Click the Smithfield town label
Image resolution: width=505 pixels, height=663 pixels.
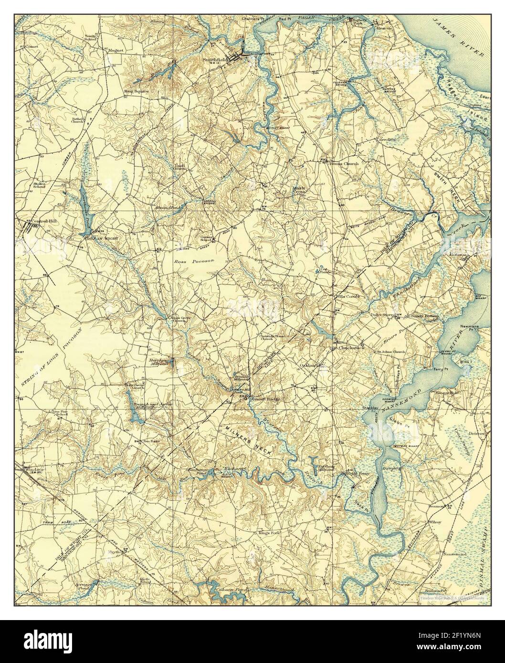pos(213,60)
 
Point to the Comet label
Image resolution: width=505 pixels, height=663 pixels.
pos(32,48)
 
